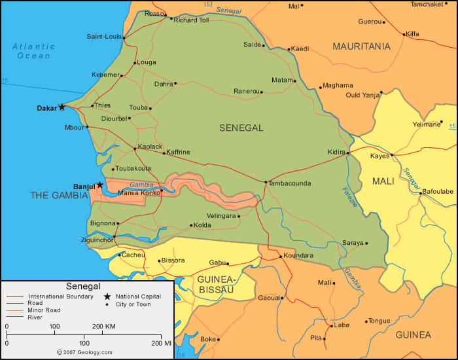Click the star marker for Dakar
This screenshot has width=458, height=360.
click(x=62, y=107)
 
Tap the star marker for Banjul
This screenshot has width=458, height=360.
click(x=99, y=185)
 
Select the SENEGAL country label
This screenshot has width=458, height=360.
click(x=241, y=128)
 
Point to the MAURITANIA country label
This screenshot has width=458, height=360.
click(x=361, y=46)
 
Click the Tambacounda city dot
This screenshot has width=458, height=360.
click(x=266, y=182)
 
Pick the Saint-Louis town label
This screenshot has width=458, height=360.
click(x=103, y=37)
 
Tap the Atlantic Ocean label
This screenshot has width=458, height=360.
click(x=33, y=51)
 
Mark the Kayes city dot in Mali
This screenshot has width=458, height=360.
click(x=391, y=156)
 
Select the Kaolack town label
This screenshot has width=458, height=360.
click(x=150, y=147)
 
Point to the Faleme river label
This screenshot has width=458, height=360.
click(x=349, y=197)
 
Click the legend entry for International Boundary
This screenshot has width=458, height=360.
click(x=52, y=297)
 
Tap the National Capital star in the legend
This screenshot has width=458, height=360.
click(x=107, y=297)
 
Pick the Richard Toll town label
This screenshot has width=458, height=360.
click(x=191, y=20)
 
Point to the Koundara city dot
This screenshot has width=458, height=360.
click(x=281, y=256)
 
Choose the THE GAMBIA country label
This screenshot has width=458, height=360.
click(x=58, y=195)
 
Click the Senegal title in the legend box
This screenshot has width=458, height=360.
click(x=83, y=286)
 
